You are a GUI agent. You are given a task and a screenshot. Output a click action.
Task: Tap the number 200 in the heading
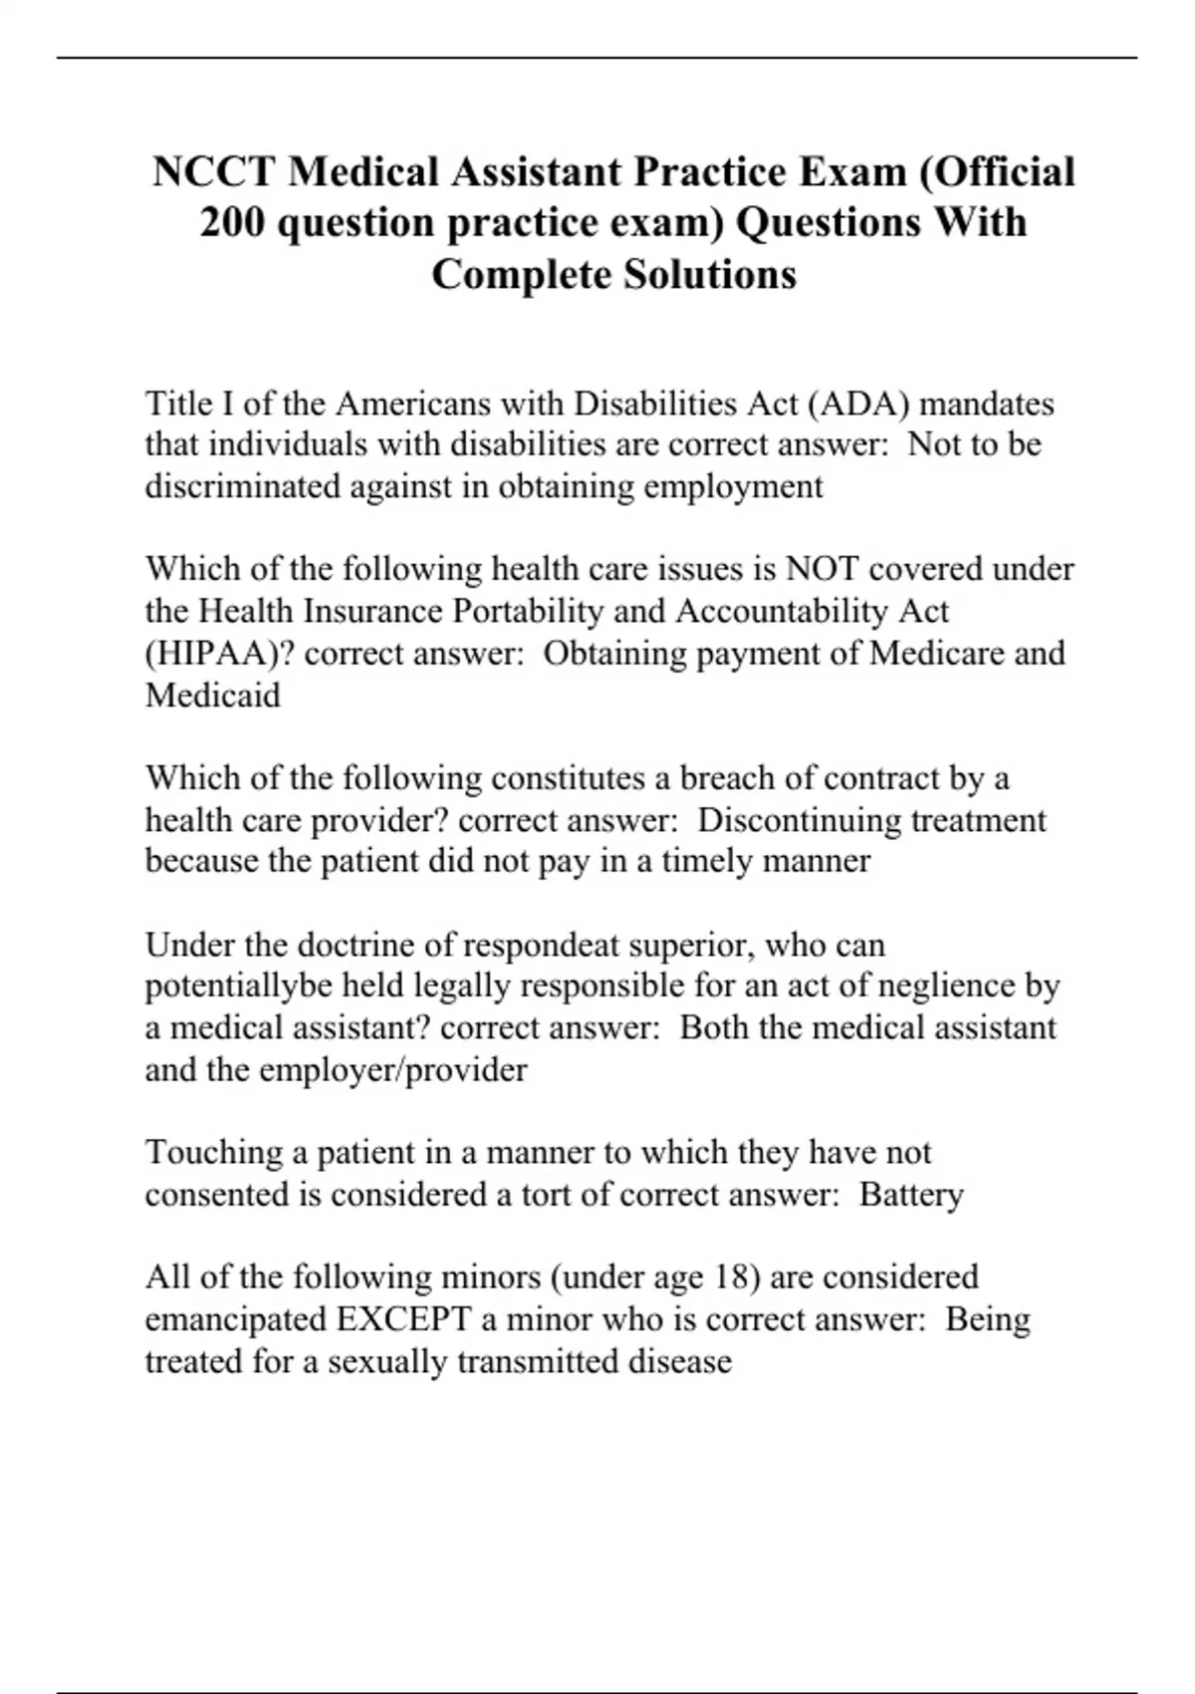tap(231, 223)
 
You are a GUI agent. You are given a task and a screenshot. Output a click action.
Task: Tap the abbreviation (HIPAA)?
tap(220, 654)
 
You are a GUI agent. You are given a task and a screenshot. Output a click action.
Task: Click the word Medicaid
tap(213, 695)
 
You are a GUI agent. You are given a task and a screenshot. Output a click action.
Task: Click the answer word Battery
tap(911, 1195)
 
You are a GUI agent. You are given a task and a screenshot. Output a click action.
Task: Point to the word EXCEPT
tap(403, 1319)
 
